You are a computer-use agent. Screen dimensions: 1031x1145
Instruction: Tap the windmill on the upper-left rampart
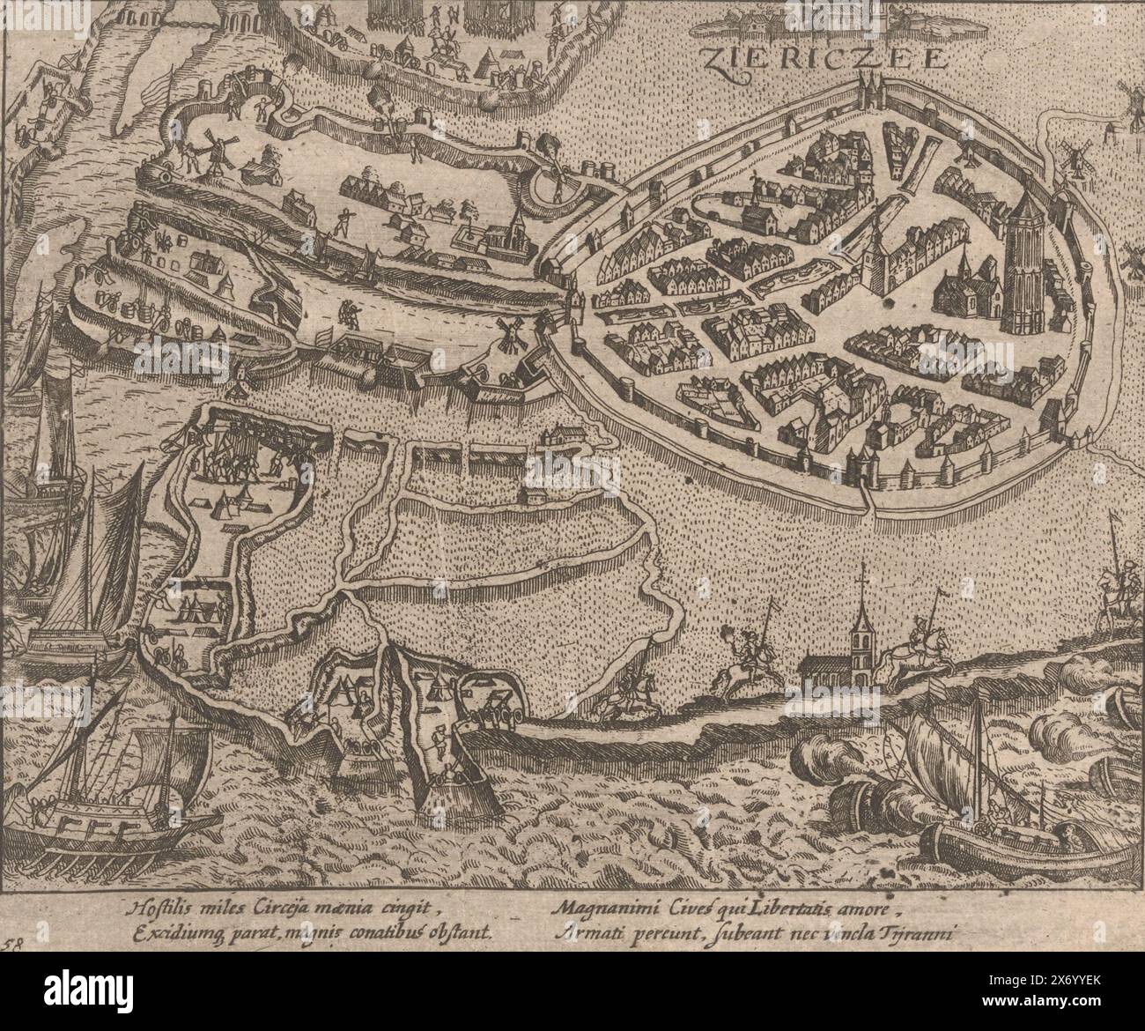pos(213,155)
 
